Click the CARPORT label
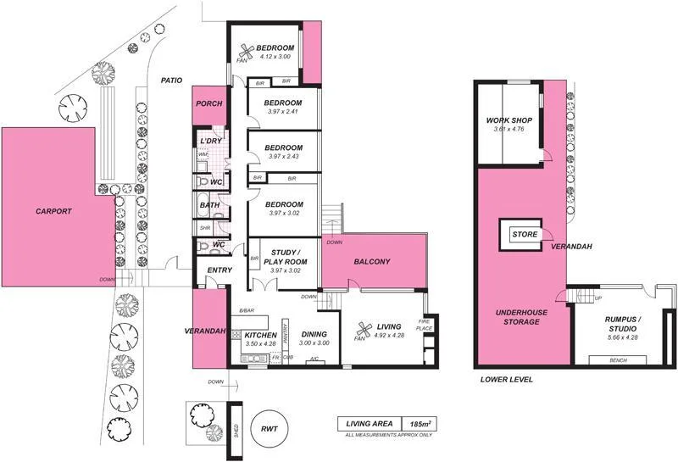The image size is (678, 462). [53, 211]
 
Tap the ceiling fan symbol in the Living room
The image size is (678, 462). [365, 331]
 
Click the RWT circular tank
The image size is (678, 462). [270, 428]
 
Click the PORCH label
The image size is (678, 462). [208, 104]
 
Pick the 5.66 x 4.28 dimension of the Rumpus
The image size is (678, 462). [623, 338]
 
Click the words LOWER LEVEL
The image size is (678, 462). [506, 380]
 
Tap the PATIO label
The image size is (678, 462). [172, 81]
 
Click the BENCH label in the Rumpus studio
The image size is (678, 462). [620, 360]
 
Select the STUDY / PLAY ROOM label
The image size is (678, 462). [284, 257]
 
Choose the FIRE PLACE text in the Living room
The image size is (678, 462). [424, 325]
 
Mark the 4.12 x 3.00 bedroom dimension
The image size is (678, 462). [275, 56]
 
